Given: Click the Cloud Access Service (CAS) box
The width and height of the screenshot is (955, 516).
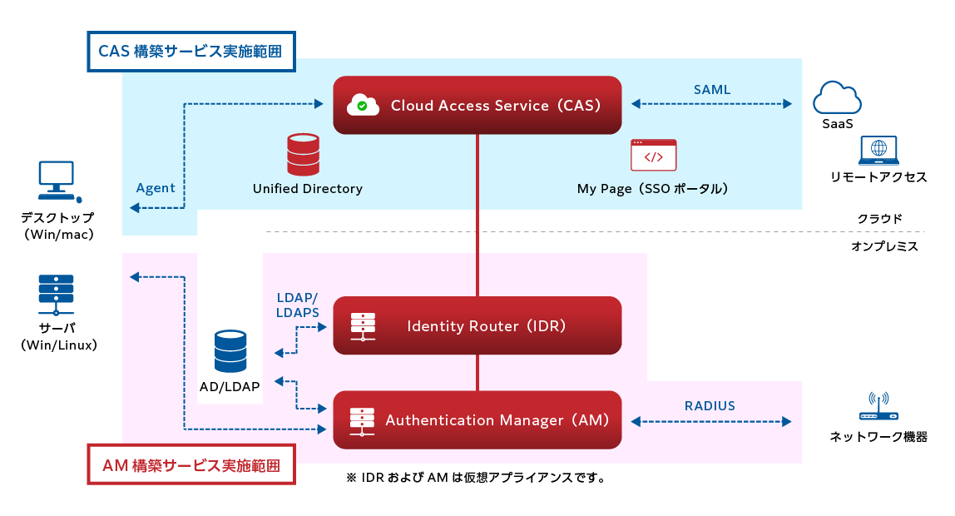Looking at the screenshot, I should click(x=477, y=105).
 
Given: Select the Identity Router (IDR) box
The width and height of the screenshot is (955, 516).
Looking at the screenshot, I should click(x=477, y=325).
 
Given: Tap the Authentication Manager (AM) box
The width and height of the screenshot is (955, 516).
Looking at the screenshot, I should click(x=477, y=420).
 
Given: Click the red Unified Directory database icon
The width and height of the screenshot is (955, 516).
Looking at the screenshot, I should click(x=304, y=154).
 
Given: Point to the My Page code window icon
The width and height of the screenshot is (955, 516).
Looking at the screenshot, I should click(x=653, y=156).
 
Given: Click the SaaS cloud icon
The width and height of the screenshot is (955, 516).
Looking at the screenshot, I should click(x=836, y=97).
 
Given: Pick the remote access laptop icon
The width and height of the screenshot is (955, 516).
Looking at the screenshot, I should click(x=878, y=151).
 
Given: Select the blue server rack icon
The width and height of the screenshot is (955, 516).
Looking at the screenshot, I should click(x=56, y=294).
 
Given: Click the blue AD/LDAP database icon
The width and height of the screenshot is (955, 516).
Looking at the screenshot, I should click(x=230, y=351).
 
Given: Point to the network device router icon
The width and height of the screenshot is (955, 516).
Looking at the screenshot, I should click(x=878, y=409).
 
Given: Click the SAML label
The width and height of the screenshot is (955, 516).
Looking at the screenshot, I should click(x=712, y=89).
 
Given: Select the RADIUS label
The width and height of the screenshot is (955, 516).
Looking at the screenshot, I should click(x=710, y=406).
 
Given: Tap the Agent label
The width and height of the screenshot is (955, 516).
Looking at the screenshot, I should click(x=156, y=188).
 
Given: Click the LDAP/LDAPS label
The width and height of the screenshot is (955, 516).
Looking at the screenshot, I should click(x=297, y=305).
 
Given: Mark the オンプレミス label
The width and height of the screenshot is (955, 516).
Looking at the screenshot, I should click(x=884, y=246).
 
